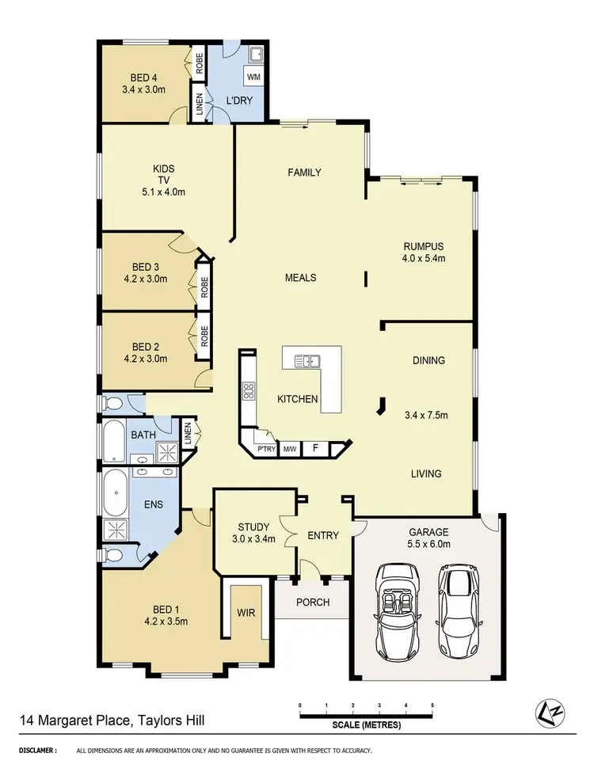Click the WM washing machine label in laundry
[x=253, y=78]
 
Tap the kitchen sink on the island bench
[x=307, y=362]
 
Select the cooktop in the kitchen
[x=248, y=389]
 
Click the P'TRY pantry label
[x=265, y=450]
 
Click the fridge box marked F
[x=315, y=449]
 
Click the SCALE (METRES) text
[x=365, y=725]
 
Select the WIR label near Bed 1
[x=244, y=612]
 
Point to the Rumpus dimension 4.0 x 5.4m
[x=425, y=257]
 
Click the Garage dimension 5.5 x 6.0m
[x=428, y=544]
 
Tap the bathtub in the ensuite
[x=116, y=492]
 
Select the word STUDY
[x=253, y=527]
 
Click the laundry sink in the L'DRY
[x=256, y=54]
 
